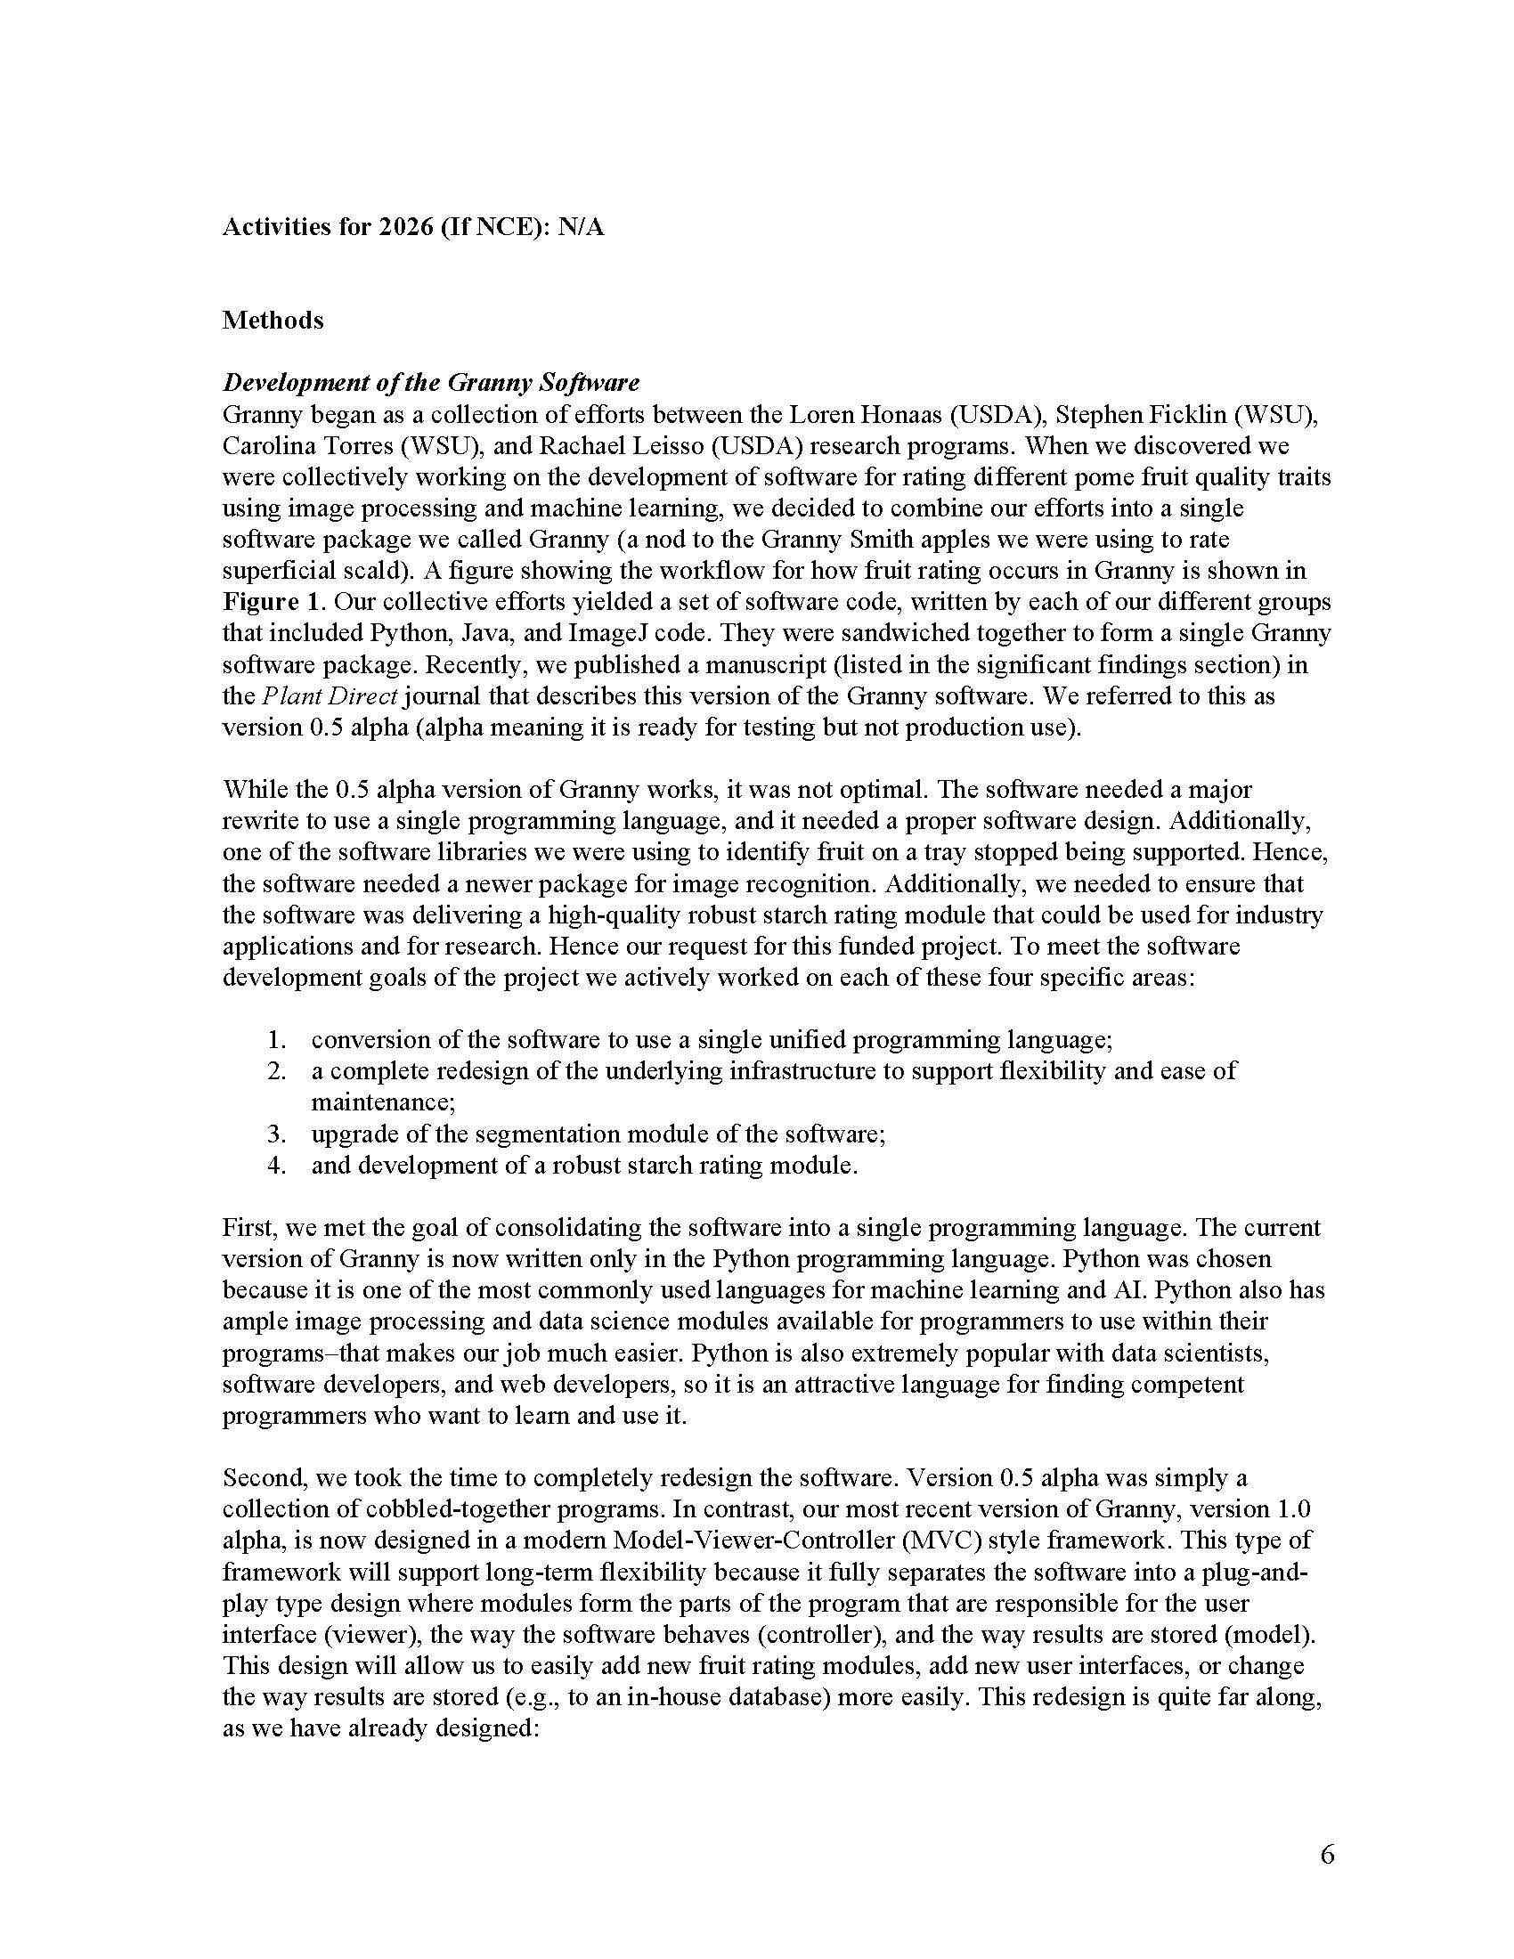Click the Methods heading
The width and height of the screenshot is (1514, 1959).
tap(273, 321)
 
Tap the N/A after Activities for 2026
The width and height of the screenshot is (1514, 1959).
tap(581, 228)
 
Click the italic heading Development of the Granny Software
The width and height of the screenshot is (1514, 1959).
tap(430, 383)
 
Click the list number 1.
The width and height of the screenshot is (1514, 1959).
tap(276, 1040)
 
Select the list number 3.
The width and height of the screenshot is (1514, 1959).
tap(276, 1134)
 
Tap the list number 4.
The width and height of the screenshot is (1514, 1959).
tap(276, 1166)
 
